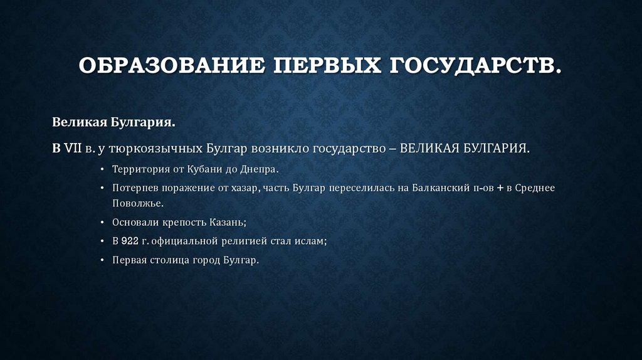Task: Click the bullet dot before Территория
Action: click(103, 170)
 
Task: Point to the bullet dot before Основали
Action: click(103, 223)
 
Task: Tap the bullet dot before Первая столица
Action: click(103, 259)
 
